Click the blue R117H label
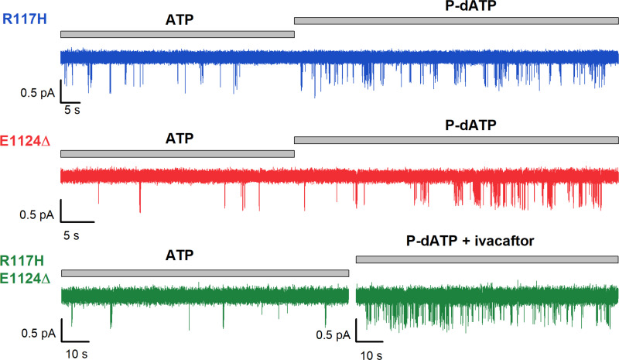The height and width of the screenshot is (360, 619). [x=26, y=15]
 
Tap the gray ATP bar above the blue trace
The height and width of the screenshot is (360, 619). [x=177, y=33]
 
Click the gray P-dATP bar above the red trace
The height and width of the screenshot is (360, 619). [x=457, y=139]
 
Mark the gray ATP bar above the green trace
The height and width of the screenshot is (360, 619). [x=205, y=273]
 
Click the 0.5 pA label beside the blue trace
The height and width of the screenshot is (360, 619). [x=37, y=94]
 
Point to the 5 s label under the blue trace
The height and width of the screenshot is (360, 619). [x=72, y=110]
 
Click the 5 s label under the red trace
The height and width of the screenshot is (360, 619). [x=72, y=231]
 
